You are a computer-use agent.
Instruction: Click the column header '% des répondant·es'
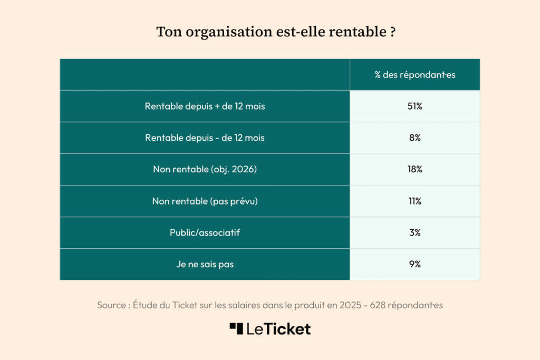tap(415, 75)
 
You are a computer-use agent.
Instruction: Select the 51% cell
tap(415, 106)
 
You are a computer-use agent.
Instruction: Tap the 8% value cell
tap(415, 138)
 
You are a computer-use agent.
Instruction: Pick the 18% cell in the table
tap(415, 170)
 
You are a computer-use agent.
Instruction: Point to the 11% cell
tap(415, 201)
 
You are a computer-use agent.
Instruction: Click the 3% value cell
tap(415, 232)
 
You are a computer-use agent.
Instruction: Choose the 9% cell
tap(415, 264)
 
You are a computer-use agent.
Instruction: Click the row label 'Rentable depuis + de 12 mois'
tap(205, 106)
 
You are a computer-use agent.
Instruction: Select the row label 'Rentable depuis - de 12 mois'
tap(205, 138)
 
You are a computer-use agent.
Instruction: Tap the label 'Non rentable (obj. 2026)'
tap(205, 170)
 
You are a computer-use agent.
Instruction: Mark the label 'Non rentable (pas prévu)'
tap(205, 201)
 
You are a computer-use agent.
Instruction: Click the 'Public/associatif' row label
tap(205, 232)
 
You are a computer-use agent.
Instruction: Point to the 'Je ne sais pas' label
tap(205, 264)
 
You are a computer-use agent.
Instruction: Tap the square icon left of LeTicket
tap(236, 328)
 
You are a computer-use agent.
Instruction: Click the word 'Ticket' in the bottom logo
tap(292, 329)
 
